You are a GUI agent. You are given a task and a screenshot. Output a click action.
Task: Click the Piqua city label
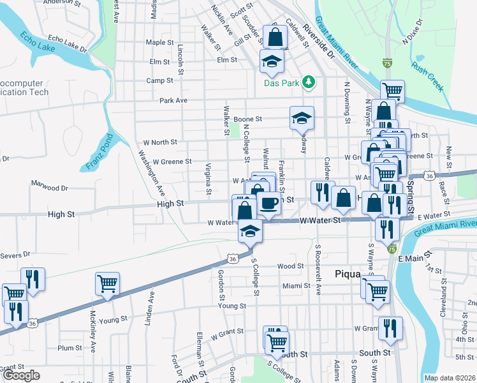[348, 274]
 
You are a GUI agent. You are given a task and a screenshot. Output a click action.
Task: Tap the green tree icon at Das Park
[309, 81]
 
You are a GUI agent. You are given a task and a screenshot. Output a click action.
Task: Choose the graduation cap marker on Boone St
[302, 117]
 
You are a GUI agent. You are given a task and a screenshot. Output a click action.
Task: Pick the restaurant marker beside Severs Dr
[32, 278]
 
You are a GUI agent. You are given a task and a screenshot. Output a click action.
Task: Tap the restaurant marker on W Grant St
[390, 328]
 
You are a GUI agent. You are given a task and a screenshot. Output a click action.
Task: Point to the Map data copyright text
[450, 378]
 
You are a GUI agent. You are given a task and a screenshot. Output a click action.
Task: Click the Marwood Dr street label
[49, 188]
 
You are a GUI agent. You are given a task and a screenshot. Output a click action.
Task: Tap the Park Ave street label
[173, 100]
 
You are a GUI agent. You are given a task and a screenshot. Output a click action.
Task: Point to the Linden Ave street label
[152, 305]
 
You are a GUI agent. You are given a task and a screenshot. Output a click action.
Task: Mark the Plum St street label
[66, 348]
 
